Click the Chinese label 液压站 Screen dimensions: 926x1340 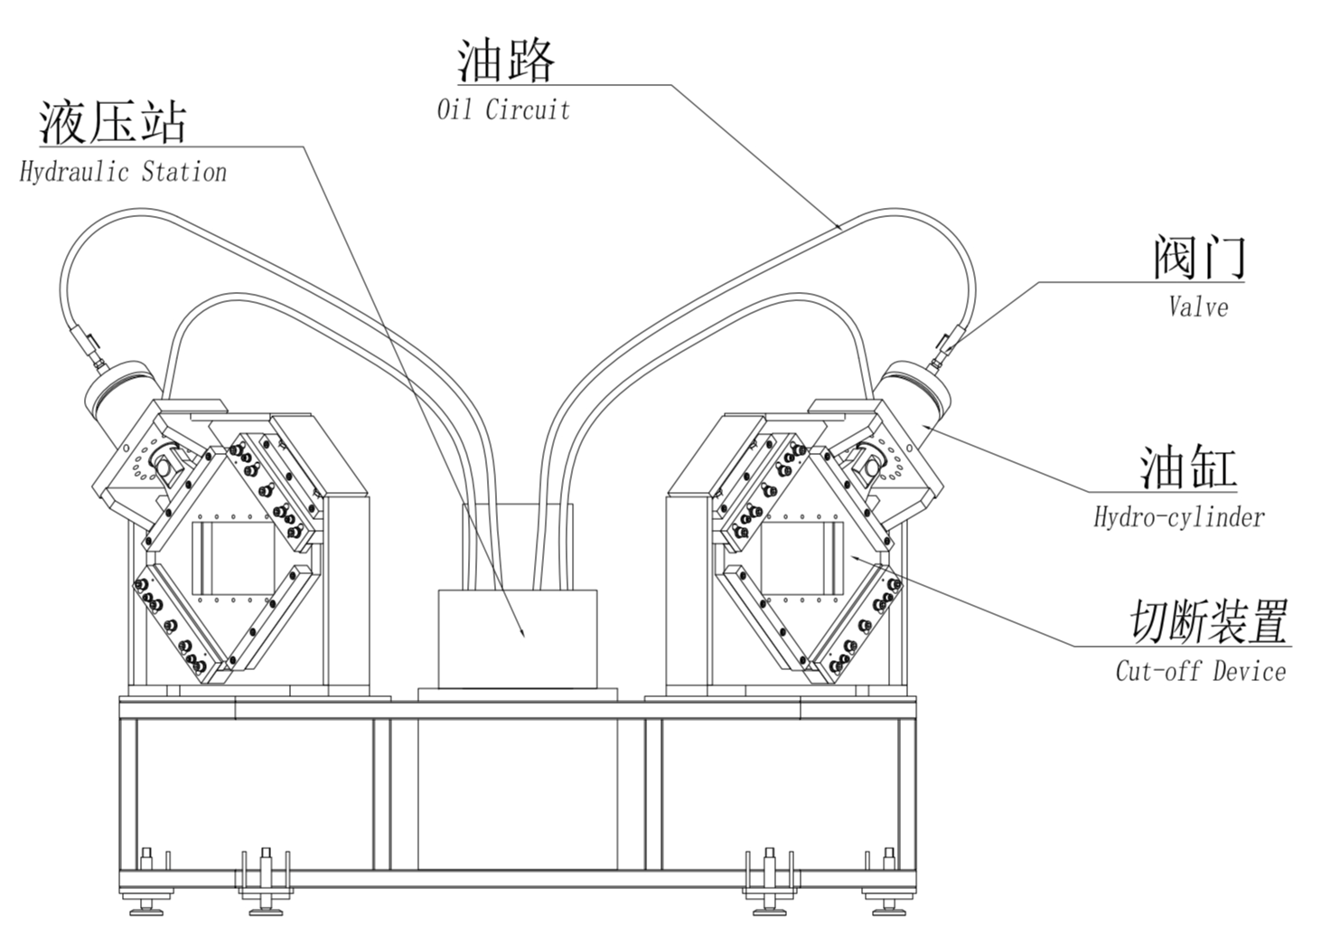(x=112, y=122)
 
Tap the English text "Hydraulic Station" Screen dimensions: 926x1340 (x=123, y=172)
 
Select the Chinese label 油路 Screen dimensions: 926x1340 (x=505, y=61)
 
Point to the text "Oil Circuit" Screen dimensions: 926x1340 (x=503, y=110)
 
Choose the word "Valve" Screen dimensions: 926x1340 (x=1198, y=307)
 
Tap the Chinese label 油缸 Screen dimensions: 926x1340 (x=1186, y=468)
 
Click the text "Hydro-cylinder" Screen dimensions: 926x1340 (x=1178, y=517)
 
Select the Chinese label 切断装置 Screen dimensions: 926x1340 (x=1209, y=621)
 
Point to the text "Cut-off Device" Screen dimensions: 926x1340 (x=1200, y=671)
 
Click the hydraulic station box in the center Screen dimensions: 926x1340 (x=517, y=638)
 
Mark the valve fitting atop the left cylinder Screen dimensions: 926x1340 (x=90, y=348)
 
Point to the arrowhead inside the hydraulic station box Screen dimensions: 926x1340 (x=522, y=633)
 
